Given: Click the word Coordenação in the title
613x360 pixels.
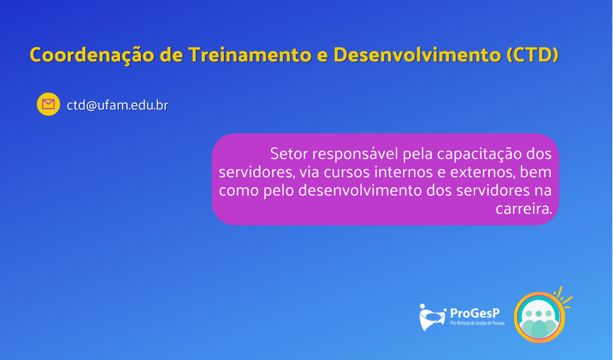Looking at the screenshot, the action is pos(92,55).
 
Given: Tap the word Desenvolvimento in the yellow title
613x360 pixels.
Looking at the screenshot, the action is pos(417,54).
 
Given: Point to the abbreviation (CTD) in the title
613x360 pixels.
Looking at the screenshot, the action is pos(532,55).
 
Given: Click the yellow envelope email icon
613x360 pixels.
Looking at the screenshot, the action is pos(48,104).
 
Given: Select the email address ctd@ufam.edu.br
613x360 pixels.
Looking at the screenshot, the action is pos(117,105).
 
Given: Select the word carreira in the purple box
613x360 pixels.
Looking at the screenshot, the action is pos(524,209).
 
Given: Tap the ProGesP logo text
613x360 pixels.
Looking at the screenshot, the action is pos(475,313).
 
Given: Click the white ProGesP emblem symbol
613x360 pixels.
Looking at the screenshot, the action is pos(432,317).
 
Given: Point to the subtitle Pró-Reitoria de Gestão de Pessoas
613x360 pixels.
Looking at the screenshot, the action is pos(477,323).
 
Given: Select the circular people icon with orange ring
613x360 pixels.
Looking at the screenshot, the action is pos(539,317).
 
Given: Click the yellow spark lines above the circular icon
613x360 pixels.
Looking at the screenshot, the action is pos(564,297).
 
